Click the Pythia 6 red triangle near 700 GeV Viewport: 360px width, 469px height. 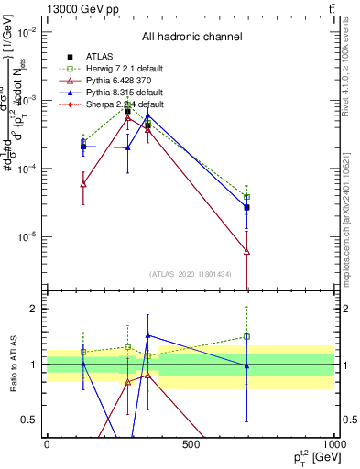pos(246,251)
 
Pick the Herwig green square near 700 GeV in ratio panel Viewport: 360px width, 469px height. pos(246,336)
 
